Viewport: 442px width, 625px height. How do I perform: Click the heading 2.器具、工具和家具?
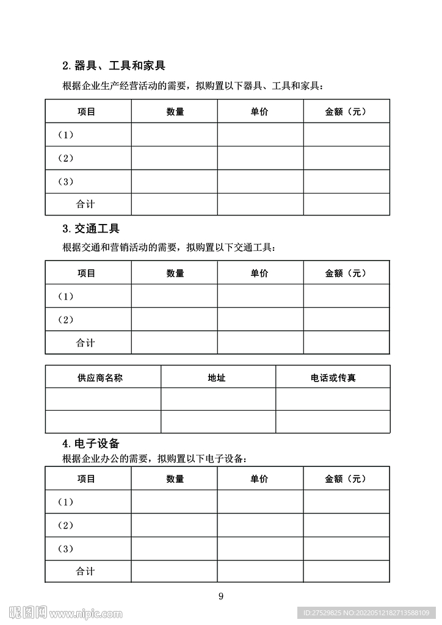click(114, 65)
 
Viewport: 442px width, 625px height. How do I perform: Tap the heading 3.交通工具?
click(91, 229)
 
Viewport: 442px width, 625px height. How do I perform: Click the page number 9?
click(221, 596)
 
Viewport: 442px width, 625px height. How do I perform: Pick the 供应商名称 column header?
click(100, 378)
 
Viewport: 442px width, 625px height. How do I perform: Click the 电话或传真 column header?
click(333, 378)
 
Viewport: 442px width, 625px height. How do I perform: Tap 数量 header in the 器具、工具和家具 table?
click(175, 112)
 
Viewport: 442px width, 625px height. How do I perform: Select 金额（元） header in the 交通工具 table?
click(346, 273)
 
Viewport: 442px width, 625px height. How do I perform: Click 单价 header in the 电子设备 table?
click(259, 479)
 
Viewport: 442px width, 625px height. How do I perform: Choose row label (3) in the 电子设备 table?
click(65, 549)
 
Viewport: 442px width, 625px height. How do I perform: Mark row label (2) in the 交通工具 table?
click(65, 320)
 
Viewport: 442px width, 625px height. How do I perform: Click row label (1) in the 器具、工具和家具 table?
click(65, 135)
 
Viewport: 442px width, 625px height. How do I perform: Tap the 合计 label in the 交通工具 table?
click(85, 343)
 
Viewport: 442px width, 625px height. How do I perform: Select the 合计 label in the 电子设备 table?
click(85, 571)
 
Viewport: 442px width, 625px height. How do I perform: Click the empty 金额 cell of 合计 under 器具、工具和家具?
click(346, 204)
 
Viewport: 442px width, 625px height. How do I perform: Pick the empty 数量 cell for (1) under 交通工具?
click(174, 297)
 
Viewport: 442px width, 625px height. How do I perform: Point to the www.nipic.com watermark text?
click(85, 613)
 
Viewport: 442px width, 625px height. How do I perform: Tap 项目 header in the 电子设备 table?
click(87, 479)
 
